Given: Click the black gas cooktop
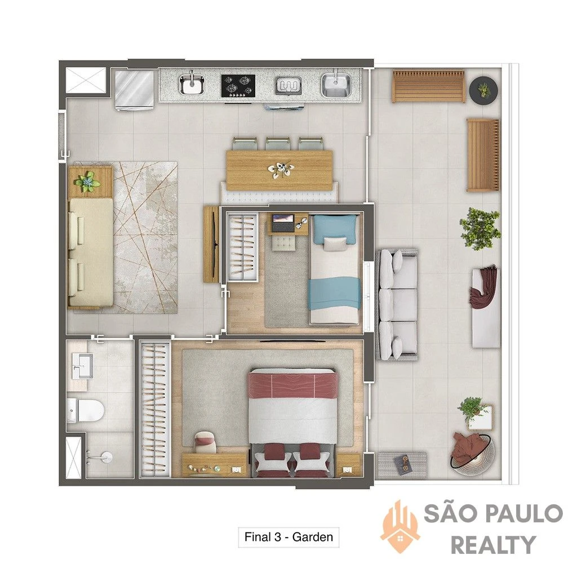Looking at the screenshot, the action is [238, 86].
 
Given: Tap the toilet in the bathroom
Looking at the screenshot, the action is [85, 410].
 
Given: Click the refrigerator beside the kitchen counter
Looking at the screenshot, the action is [134, 90].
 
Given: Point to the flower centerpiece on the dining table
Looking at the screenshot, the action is [282, 170].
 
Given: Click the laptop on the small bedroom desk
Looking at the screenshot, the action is [283, 223].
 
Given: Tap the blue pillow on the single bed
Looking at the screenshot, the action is [334, 228].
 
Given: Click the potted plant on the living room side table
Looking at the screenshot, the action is [87, 181].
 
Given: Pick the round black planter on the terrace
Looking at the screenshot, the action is [483, 90].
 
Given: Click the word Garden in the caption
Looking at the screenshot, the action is [312, 537].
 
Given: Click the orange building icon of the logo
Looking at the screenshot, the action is [401, 526].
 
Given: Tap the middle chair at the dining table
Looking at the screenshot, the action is [278, 144].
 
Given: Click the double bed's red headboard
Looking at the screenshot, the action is [293, 384].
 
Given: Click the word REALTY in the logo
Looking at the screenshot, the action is [493, 545].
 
